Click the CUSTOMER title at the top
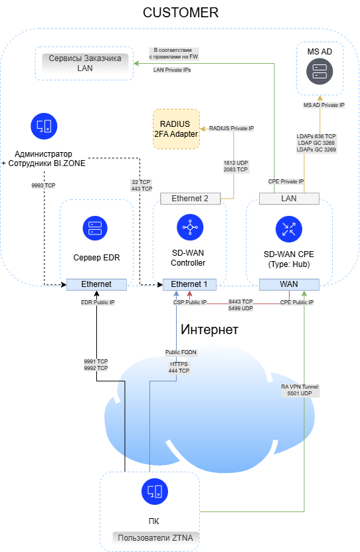[x=181, y=13]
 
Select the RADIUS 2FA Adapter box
[x=176, y=129]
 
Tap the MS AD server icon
[x=319, y=72]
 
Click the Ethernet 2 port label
[x=190, y=199]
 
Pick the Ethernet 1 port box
[x=189, y=284]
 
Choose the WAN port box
[x=289, y=284]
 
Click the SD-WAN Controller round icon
[x=190, y=227]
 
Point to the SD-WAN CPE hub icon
[x=289, y=229]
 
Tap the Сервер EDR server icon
[x=95, y=228]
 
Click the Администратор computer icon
[x=44, y=126]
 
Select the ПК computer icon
[x=155, y=492]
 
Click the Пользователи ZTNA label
[x=155, y=538]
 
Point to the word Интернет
[x=209, y=329]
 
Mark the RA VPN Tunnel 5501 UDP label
[x=300, y=390]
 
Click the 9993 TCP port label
[x=43, y=185]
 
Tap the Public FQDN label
[x=181, y=352]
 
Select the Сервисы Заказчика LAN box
[x=84, y=63]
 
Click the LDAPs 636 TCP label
[x=316, y=136]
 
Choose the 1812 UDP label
[x=236, y=163]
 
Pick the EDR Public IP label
[x=98, y=302]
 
